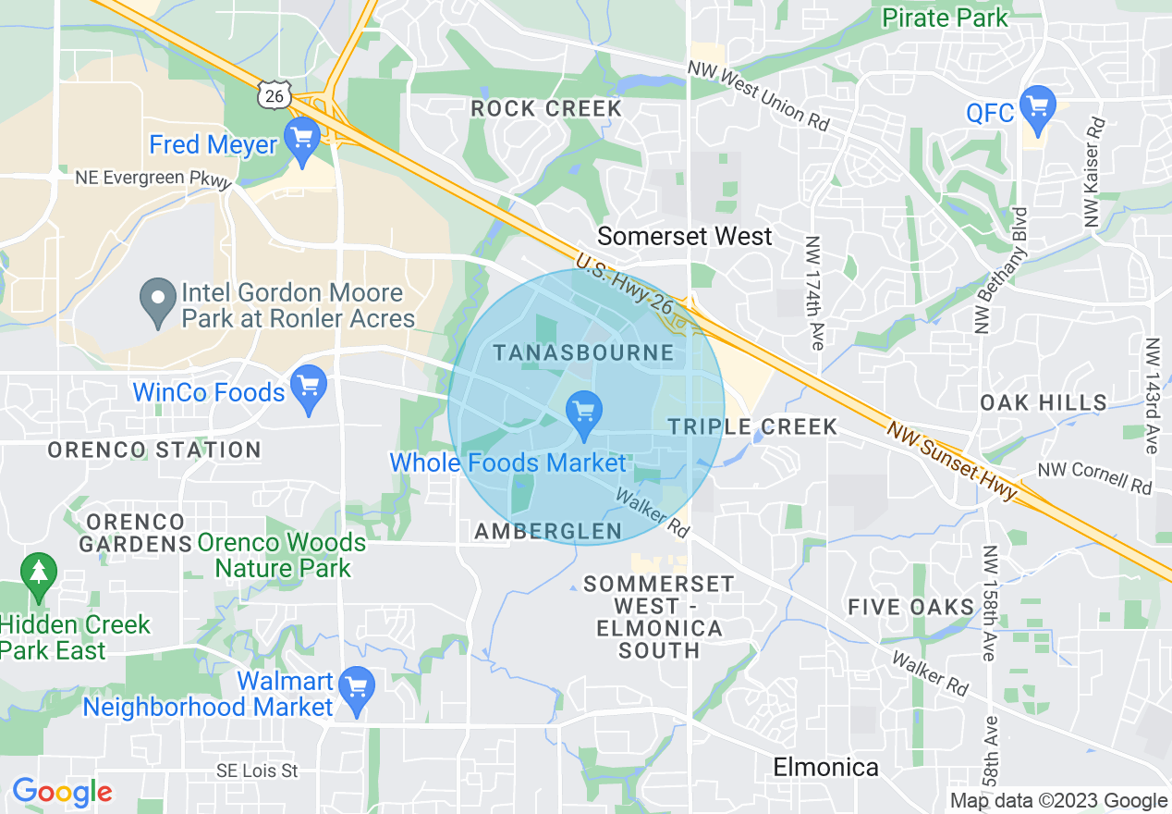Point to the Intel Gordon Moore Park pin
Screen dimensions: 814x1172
click(158, 302)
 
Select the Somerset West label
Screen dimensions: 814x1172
click(684, 237)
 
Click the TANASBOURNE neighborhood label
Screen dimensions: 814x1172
click(583, 352)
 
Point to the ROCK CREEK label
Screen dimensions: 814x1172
click(546, 109)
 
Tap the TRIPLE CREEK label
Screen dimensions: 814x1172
click(752, 426)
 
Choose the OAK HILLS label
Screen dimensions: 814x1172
click(1044, 402)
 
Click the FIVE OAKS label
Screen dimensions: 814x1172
click(911, 607)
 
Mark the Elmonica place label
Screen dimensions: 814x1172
click(825, 767)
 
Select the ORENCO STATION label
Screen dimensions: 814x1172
click(154, 450)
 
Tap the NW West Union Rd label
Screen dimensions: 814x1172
click(758, 96)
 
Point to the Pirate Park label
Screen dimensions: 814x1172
click(946, 17)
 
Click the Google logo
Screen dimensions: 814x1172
click(62, 793)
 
